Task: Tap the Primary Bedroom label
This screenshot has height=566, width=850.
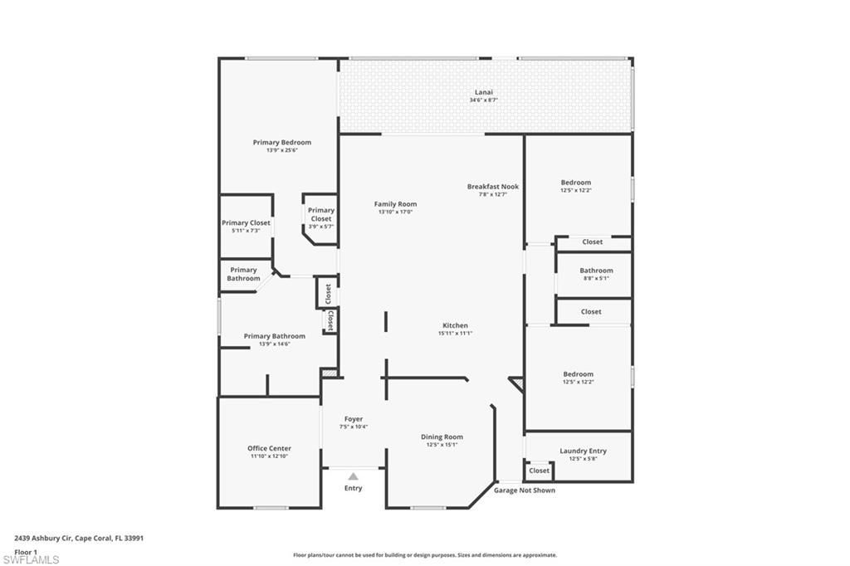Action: tap(282, 142)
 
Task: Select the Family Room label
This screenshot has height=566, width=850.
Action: tap(395, 203)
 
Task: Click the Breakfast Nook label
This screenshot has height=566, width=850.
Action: tap(492, 187)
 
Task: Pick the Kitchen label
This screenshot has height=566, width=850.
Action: tap(455, 325)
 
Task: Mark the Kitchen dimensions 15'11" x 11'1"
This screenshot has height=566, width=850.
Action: tap(455, 334)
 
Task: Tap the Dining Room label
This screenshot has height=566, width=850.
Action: tap(442, 437)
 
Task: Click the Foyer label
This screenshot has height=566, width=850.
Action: tap(353, 419)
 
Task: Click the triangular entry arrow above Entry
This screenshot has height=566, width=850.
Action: tap(353, 476)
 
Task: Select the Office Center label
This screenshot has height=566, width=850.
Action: tap(269, 448)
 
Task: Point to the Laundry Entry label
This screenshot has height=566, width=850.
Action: tap(583, 451)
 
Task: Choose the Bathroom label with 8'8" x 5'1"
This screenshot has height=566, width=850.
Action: tap(596, 271)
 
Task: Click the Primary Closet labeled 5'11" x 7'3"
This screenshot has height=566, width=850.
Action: tap(246, 222)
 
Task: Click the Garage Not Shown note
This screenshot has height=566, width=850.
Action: tap(525, 490)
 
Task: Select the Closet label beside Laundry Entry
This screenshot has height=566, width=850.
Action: tap(540, 471)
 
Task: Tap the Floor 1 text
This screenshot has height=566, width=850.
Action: tap(26, 551)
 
